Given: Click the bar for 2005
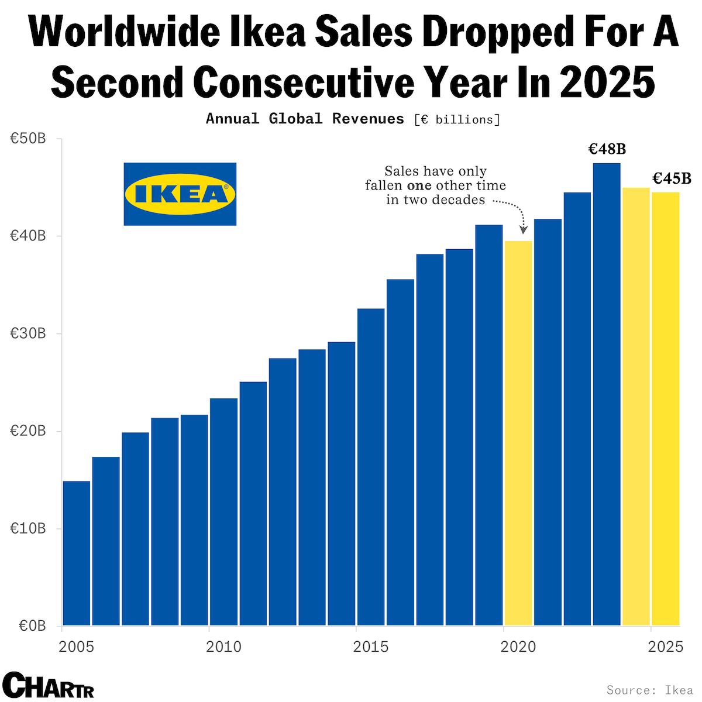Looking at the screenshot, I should pyautogui.click(x=77, y=553).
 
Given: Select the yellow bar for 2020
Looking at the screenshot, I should pyautogui.click(x=518, y=433).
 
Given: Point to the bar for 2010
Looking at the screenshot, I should pyautogui.click(x=224, y=512).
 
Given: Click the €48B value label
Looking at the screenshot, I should pyautogui.click(x=607, y=149).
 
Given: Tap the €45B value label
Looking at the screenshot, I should pyautogui.click(x=672, y=178).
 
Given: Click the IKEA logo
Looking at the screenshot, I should pyautogui.click(x=180, y=194).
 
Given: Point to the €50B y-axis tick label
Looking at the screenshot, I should pyautogui.click(x=28, y=139).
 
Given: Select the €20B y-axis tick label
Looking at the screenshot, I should pyautogui.click(x=28, y=431).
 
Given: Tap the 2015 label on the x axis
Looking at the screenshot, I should pyautogui.click(x=371, y=646).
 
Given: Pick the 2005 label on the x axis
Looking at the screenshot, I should pyautogui.click(x=77, y=646).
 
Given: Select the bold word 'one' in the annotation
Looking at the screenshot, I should pyautogui.click(x=419, y=186).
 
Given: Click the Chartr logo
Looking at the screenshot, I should pyautogui.click(x=48, y=685).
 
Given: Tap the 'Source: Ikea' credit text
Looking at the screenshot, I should pyautogui.click(x=649, y=690).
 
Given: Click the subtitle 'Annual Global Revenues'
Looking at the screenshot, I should pyautogui.click(x=305, y=119).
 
